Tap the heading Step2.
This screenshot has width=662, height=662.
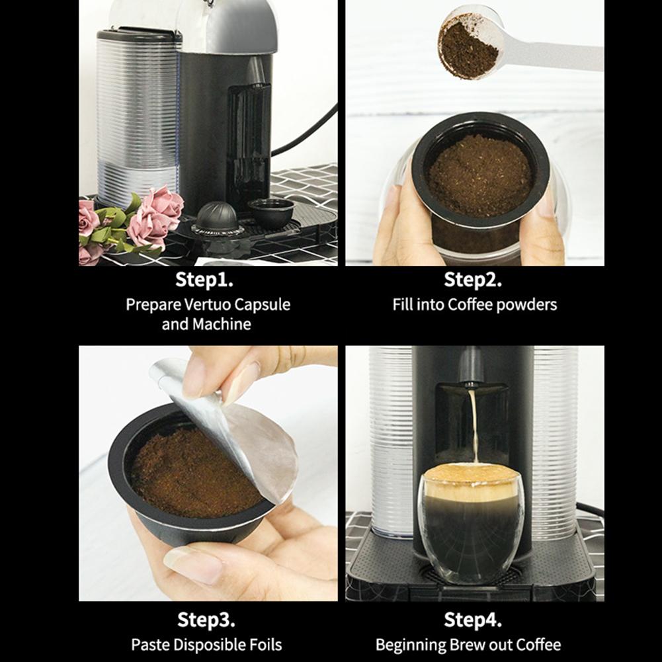473,280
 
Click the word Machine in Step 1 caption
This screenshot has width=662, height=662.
222,324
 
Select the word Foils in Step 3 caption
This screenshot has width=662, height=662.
263,645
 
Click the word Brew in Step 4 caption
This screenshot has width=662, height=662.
471,645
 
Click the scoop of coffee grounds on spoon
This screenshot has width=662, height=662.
469,46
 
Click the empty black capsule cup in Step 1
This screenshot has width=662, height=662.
271,212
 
